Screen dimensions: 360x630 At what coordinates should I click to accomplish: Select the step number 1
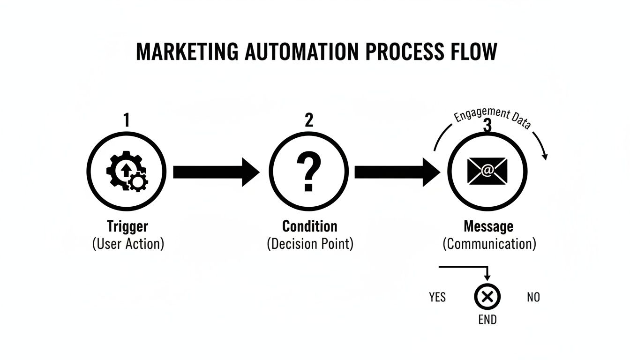coord(127,120)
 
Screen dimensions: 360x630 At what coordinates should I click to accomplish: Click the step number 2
coord(309,120)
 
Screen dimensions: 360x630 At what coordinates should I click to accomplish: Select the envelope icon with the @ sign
coord(487,172)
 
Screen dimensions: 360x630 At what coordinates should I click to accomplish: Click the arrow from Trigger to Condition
coord(216,172)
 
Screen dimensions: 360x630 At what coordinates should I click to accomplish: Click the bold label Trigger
coord(127,226)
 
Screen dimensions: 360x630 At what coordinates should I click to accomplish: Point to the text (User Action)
coord(128,244)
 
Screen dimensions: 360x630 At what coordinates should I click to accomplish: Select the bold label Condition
coord(309,226)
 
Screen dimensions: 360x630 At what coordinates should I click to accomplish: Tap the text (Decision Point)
coord(310,244)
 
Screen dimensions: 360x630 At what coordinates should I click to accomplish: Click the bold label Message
coord(488,226)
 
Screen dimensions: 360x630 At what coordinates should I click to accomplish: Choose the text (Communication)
coord(489,244)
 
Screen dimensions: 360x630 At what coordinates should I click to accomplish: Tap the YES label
coord(437,297)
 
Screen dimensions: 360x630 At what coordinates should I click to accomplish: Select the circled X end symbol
coord(487,297)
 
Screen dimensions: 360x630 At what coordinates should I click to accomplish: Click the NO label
coord(533,297)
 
